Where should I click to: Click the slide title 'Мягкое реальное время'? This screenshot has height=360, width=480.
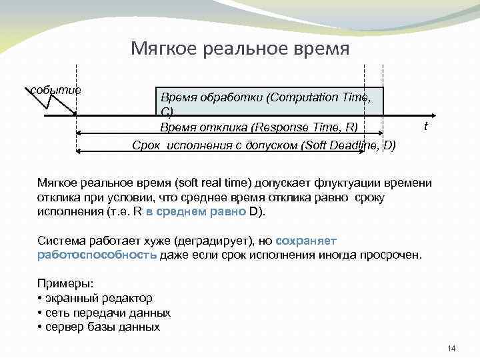(239, 49)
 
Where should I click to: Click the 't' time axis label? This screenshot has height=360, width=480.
(425, 126)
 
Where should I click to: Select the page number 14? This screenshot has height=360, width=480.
(451, 349)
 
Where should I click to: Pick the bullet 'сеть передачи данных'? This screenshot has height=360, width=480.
(107, 313)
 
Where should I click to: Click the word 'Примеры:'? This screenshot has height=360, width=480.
(65, 284)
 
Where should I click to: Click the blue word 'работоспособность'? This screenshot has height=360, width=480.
(97, 255)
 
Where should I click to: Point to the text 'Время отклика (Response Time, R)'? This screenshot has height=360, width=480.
(259, 127)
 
